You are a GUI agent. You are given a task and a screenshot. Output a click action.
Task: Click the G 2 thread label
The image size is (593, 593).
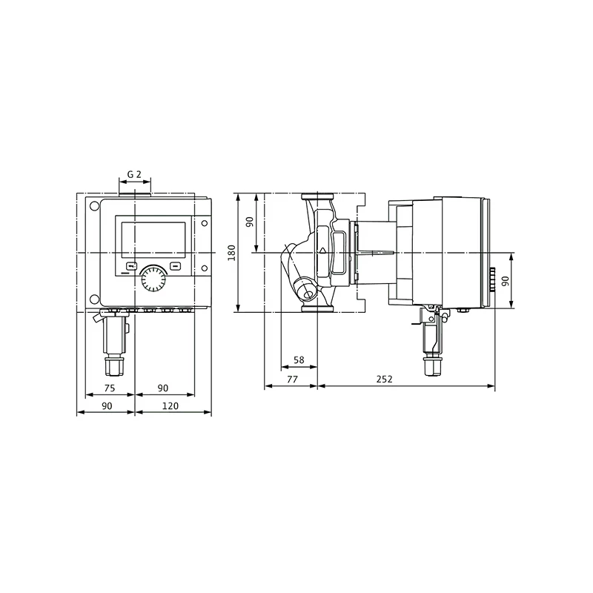pos(134,174)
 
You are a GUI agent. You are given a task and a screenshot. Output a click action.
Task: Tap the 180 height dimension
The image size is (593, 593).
pos(231,253)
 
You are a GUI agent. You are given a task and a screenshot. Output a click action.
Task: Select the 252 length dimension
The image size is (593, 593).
pos(385,379)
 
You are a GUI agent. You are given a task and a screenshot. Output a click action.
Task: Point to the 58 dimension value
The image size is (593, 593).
pos(299,360)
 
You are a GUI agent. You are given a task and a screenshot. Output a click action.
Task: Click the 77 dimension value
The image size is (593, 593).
pos(292,379)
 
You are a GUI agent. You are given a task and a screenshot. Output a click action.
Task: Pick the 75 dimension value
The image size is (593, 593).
pos(110,388)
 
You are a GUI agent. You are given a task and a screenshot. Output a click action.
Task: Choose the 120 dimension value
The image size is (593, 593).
pos(170,405)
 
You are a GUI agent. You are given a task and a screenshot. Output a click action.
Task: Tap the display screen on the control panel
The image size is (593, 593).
pos(153,240)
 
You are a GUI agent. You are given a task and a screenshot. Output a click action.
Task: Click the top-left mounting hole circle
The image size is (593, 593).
pos(94,207)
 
